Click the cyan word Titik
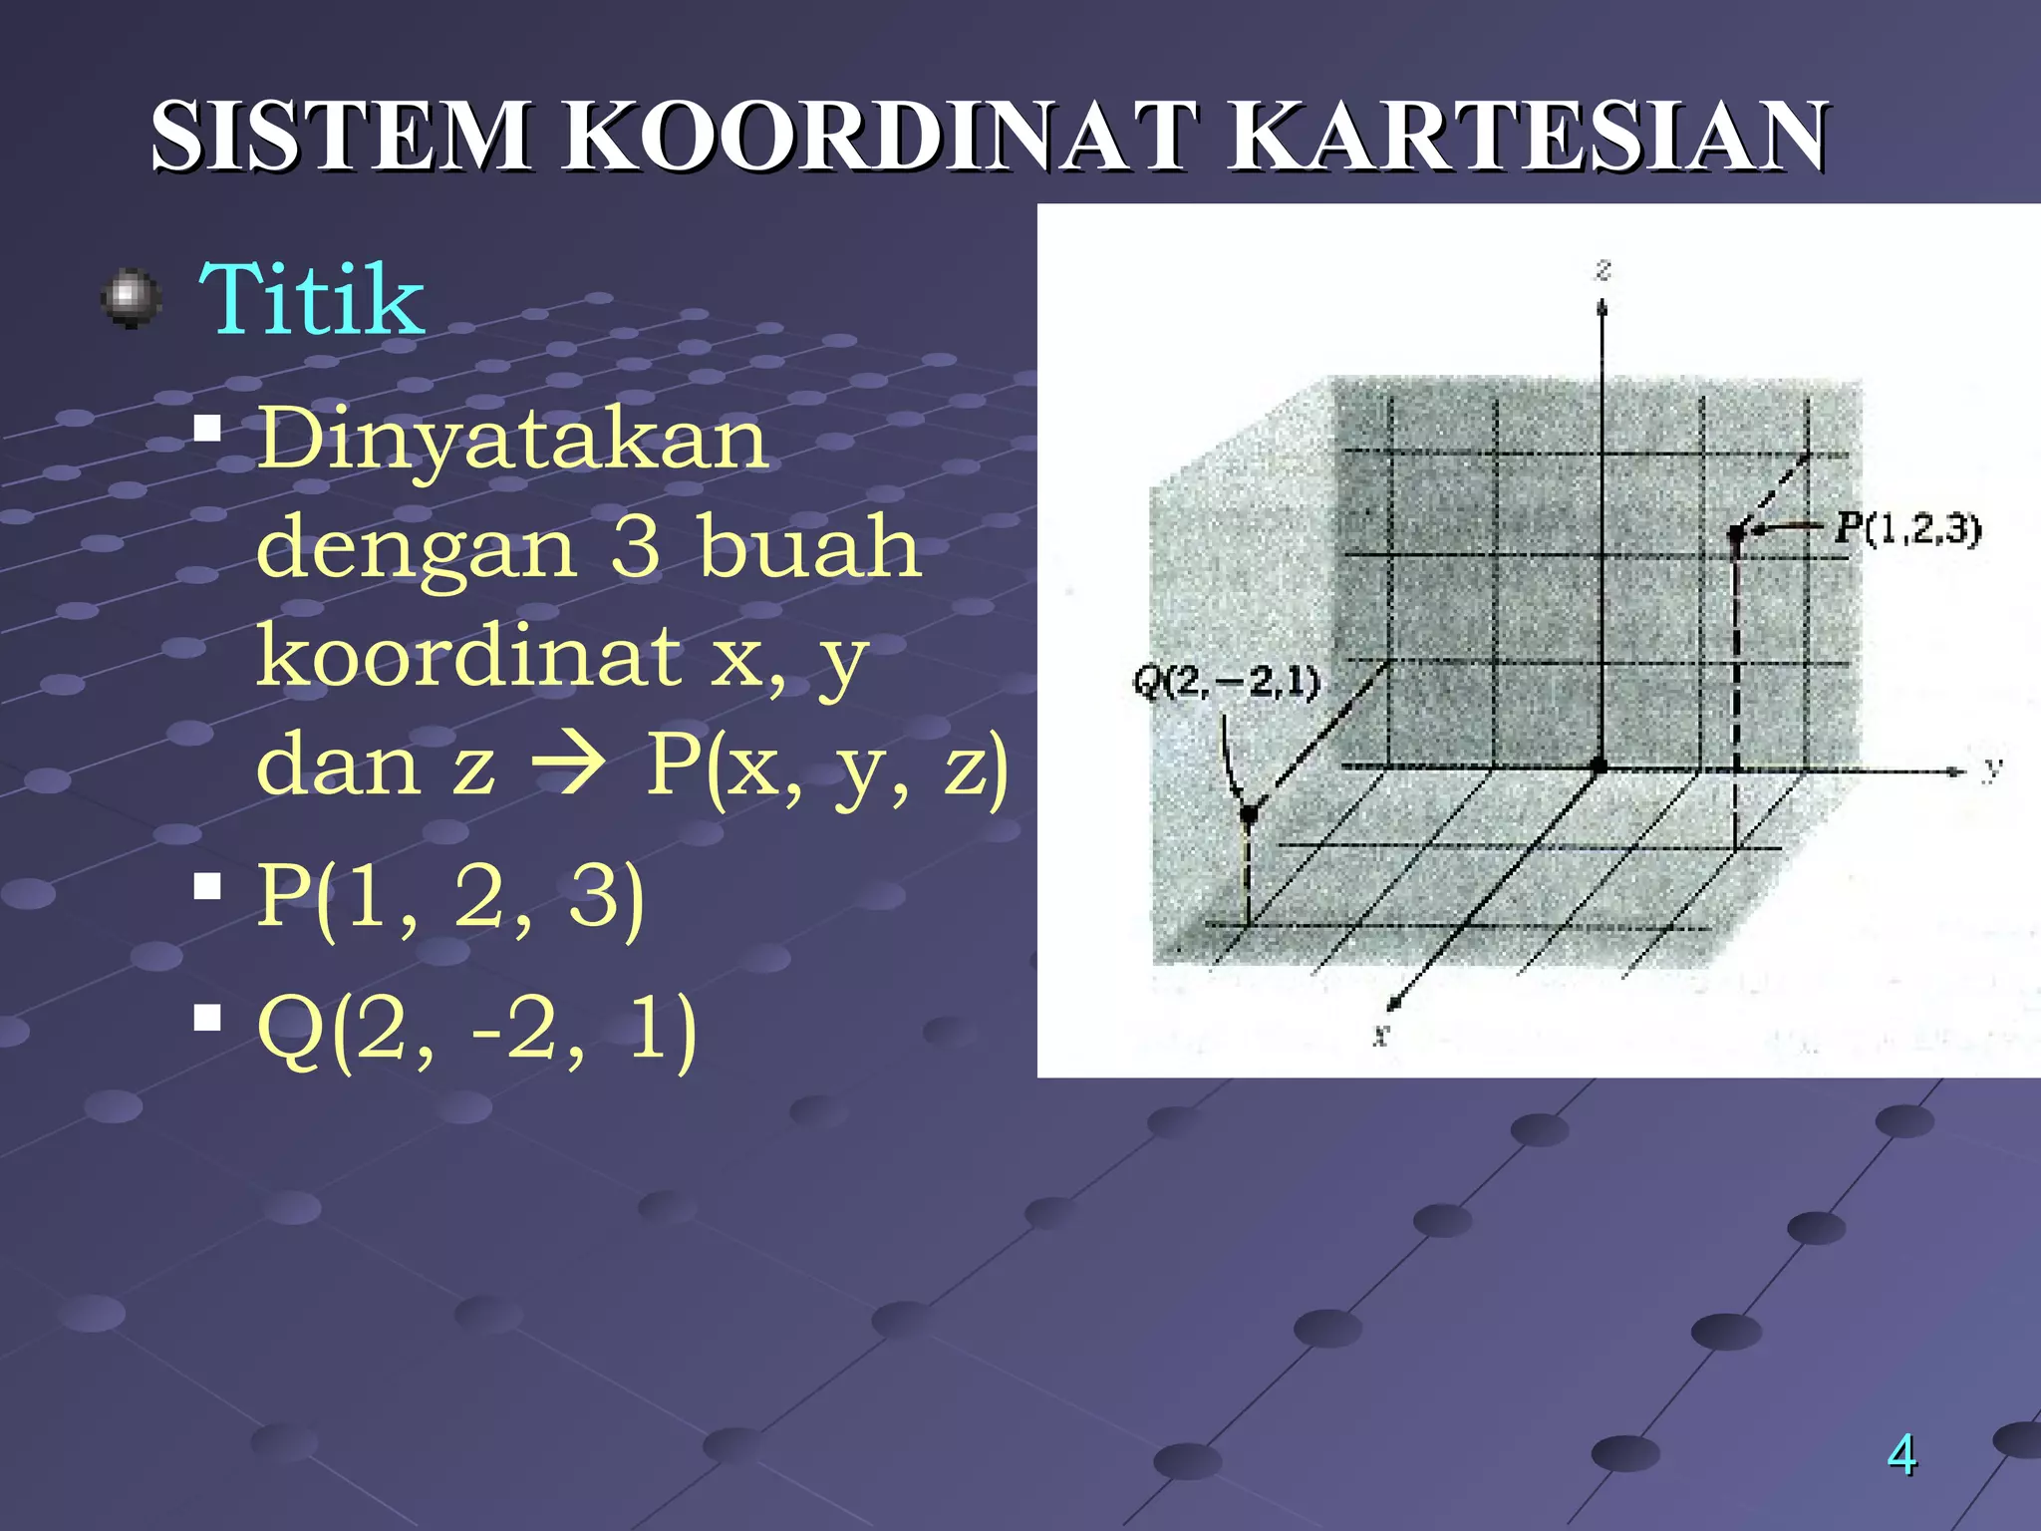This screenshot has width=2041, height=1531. click(312, 299)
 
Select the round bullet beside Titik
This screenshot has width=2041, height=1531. click(132, 298)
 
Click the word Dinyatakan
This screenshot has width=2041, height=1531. click(512, 439)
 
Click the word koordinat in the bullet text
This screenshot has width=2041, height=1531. click(468, 655)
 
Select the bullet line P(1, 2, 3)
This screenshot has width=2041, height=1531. click(450, 896)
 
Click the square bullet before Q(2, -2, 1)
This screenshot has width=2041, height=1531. click(207, 1018)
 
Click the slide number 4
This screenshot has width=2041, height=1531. click(1901, 1454)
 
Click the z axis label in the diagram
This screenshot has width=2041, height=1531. click(1604, 269)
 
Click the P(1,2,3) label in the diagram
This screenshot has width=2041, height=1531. click(1907, 528)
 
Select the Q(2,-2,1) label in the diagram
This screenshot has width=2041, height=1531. click(1226, 683)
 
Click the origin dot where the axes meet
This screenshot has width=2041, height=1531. click(1600, 765)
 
